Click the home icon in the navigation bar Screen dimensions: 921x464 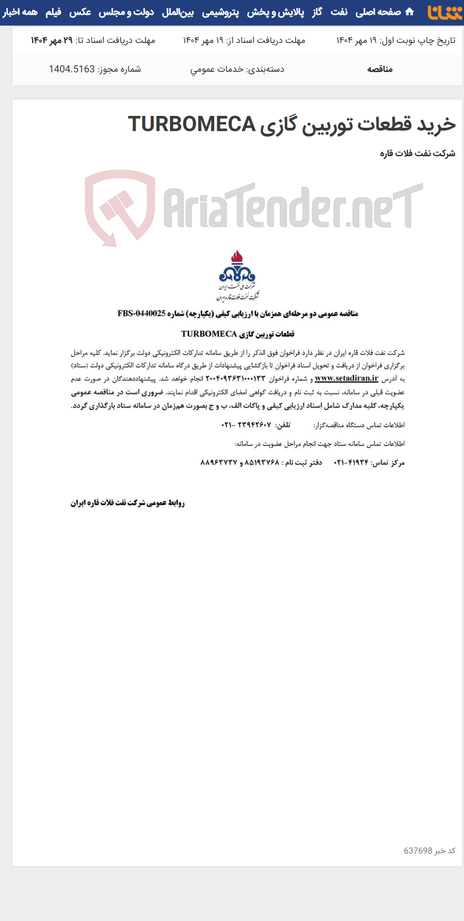tap(410, 12)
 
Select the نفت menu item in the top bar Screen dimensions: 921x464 tap(339, 12)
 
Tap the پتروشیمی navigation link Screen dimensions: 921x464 tap(220, 12)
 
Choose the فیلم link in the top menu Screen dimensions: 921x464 tap(53, 12)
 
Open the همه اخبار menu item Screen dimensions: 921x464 tap(20, 12)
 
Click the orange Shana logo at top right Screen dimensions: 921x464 tap(444, 12)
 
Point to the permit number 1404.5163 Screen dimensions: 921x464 tap(72, 69)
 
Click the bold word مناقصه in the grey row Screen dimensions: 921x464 tap(380, 69)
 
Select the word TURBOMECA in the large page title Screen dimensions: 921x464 tap(192, 124)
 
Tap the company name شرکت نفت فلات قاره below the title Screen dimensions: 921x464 tap(418, 153)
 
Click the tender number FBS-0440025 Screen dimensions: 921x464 tap(142, 313)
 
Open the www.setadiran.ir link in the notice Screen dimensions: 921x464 tap(346, 378)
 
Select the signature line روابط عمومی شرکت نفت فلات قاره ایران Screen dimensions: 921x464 tap(128, 503)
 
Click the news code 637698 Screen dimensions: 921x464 tap(418, 850)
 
